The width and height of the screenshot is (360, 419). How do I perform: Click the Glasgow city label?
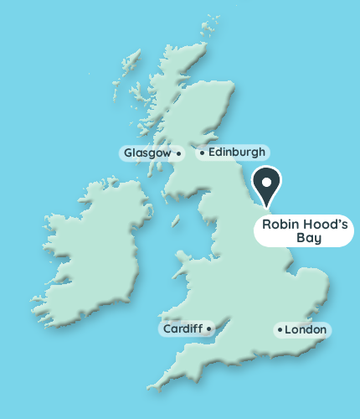[x=147, y=153]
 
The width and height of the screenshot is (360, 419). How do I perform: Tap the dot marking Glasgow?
[x=178, y=153]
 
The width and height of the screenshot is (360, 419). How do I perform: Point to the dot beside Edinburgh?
[x=202, y=153]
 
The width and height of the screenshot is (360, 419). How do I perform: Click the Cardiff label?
[x=182, y=329]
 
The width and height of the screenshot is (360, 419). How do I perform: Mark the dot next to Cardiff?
[x=208, y=329]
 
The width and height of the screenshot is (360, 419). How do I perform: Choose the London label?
[x=306, y=330]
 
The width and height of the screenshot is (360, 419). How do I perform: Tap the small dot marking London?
[x=279, y=330]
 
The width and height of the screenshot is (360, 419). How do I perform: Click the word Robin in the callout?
[x=280, y=225]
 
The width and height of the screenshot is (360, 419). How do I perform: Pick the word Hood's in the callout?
[x=322, y=225]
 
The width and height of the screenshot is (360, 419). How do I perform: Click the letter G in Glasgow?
[x=128, y=153]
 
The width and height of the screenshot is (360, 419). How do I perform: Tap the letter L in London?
[x=289, y=330]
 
